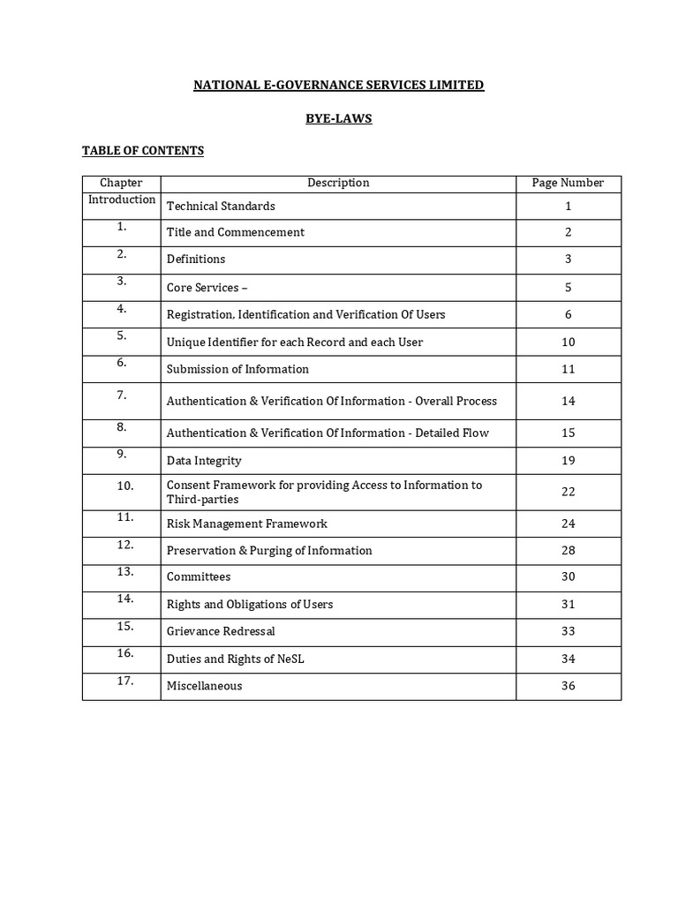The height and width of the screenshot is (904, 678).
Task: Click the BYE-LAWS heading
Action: (338, 118)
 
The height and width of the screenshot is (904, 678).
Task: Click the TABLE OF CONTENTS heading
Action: (143, 151)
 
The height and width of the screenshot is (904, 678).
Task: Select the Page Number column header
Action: (568, 184)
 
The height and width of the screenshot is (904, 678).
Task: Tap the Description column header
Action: (338, 184)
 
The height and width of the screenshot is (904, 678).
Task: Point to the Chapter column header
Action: (121, 184)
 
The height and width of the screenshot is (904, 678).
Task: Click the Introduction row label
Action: (122, 200)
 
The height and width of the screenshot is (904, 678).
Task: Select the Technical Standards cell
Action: (221, 207)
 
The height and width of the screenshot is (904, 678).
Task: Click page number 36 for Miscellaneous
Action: (568, 686)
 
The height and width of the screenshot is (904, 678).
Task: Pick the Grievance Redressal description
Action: (221, 632)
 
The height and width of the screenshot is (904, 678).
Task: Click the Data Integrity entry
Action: (204, 461)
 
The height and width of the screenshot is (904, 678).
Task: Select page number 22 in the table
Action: (568, 493)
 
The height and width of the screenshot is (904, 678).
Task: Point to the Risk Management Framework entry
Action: (246, 524)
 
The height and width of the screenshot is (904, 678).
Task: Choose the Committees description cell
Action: (199, 577)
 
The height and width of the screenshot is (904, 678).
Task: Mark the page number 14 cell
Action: (568, 402)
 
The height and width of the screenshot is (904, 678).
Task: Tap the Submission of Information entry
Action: (237, 369)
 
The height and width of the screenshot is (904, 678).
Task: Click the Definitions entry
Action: (196, 260)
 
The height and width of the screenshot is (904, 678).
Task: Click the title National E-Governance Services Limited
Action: (338, 86)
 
